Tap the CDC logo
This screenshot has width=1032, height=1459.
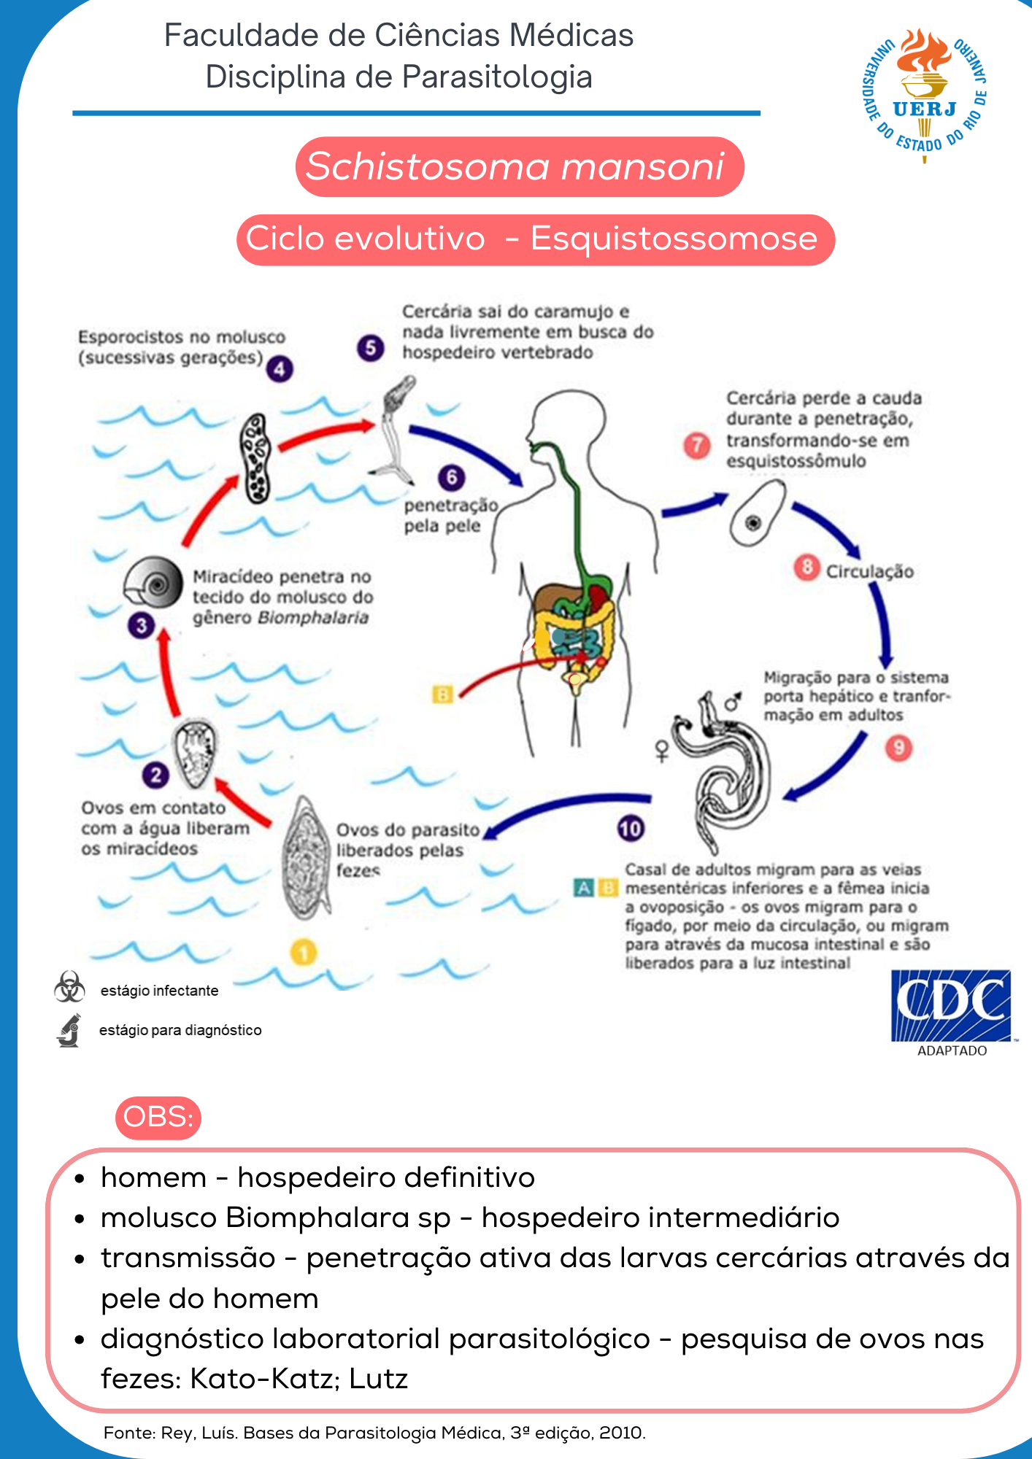pyautogui.click(x=951, y=1006)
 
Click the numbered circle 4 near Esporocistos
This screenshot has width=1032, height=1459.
pyautogui.click(x=280, y=369)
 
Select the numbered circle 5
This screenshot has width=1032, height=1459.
pyautogui.click(x=371, y=348)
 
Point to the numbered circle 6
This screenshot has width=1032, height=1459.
pyautogui.click(x=452, y=478)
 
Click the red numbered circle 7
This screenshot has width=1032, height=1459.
pyautogui.click(x=697, y=445)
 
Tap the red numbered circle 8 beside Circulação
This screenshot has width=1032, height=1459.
pyautogui.click(x=806, y=568)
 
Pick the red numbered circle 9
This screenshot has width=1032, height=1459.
pyautogui.click(x=898, y=748)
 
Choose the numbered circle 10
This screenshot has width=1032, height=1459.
pyautogui.click(x=631, y=828)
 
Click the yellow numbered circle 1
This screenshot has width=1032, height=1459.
pyautogui.click(x=304, y=952)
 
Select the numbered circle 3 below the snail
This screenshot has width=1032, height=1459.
pyautogui.click(x=142, y=625)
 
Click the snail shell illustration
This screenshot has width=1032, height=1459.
pyautogui.click(x=154, y=583)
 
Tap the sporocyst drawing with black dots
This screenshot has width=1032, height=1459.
pyautogui.click(x=256, y=459)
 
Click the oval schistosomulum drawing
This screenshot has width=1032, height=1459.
pyautogui.click(x=757, y=514)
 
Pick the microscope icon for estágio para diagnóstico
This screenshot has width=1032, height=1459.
pyautogui.click(x=69, y=1030)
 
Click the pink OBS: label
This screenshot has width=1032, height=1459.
pyautogui.click(x=158, y=1117)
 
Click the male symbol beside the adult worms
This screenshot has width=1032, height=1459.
pyautogui.click(x=733, y=701)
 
